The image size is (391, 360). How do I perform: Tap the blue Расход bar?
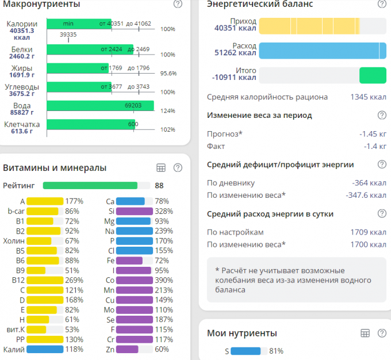pos(322,50)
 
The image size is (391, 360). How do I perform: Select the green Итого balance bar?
pos(373,75)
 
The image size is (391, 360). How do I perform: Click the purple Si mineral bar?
pos(134,212)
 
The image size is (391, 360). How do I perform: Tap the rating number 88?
pos(159,186)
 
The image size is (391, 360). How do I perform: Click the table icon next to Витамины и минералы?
pos(162,168)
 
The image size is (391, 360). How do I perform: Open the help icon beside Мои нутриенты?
pos(381,333)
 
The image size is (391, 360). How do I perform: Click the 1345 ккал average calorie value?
pos(368,97)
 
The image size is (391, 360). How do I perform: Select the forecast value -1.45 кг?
pos(373,134)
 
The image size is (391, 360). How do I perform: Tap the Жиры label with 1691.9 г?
pos(22,70)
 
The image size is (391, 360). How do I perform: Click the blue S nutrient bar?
pos(246,351)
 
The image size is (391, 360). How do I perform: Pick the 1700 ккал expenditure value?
pos(368,244)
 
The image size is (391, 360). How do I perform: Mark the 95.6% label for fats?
pos(168,74)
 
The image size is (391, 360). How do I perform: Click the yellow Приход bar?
pos(309,26)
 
